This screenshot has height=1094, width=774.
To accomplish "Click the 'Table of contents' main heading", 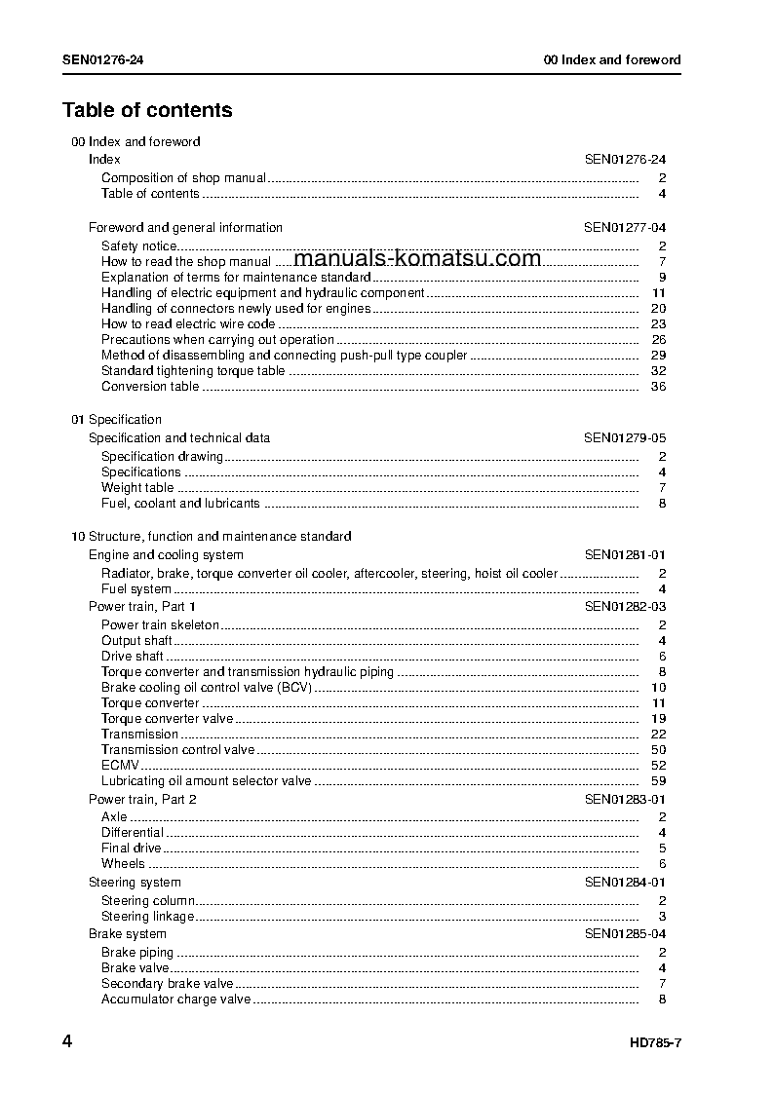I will coord(147,110).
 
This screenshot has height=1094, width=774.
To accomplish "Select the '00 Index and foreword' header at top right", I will coord(611,59).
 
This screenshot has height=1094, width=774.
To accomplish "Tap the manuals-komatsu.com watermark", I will coord(416,258).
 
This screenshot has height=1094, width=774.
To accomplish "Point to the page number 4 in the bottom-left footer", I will coord(67,1042).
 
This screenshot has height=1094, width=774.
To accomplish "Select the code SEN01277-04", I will coord(625,228).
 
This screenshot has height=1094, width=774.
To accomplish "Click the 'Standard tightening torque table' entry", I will coord(193,371).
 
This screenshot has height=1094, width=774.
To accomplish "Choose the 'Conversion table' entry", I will coord(150,387).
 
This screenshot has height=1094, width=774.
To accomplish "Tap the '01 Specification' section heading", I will coord(116,420).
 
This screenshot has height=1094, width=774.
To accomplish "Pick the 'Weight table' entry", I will coord(137,488).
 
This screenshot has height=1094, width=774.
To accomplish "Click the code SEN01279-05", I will coord(625,438).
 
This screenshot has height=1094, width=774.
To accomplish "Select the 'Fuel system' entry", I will coord(136,589).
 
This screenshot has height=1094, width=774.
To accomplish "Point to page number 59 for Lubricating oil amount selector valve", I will coord(658,781).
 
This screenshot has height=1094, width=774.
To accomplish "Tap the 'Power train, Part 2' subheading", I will coord(142,800).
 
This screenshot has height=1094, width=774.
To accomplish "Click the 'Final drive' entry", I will coord(132,849).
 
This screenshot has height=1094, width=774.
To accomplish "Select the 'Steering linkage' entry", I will coord(148,917).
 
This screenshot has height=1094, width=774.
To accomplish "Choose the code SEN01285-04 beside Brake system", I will coord(625,934).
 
